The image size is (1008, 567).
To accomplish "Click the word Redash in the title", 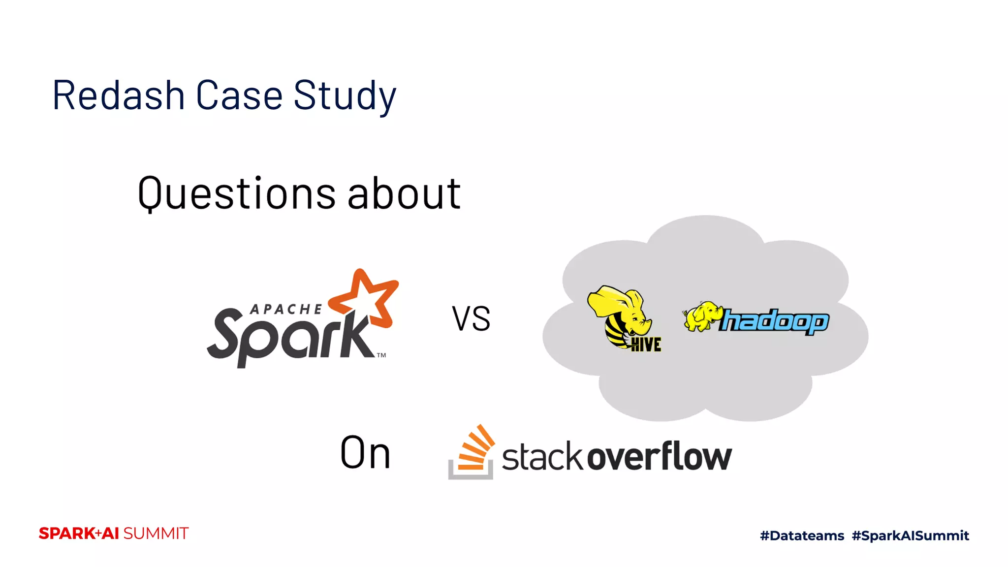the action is [x=118, y=95].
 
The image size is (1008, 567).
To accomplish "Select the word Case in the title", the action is [x=239, y=95].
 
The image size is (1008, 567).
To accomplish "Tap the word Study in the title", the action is [x=345, y=96].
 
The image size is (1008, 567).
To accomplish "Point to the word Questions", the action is [x=236, y=193].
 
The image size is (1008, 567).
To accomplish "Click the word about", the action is [x=404, y=193].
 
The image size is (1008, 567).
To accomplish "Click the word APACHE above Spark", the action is [x=286, y=309].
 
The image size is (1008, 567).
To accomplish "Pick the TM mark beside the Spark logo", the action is [x=381, y=355].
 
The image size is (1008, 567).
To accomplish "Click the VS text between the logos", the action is [x=471, y=319].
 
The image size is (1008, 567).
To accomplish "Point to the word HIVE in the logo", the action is [x=646, y=345].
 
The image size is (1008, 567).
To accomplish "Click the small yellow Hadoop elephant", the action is [x=701, y=316].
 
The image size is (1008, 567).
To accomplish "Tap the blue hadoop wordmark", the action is [x=775, y=321].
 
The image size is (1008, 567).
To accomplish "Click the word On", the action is [x=365, y=453].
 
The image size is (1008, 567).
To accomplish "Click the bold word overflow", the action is [x=660, y=456].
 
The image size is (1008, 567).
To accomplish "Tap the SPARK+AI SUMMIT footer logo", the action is [x=114, y=534].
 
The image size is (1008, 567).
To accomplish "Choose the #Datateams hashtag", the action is [x=802, y=535].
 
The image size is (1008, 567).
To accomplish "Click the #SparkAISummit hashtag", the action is [x=910, y=535].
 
